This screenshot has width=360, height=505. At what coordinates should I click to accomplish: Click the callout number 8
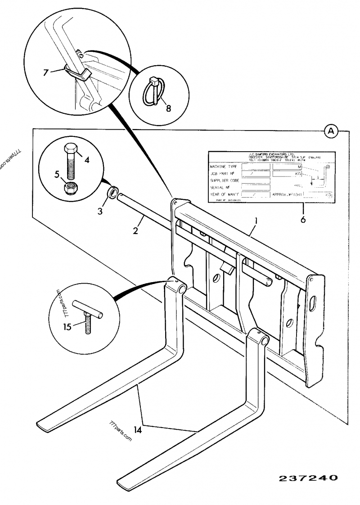pos(168,108)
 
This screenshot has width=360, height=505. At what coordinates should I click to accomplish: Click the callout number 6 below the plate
pos(303,220)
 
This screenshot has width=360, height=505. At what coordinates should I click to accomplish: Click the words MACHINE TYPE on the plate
pos(224,166)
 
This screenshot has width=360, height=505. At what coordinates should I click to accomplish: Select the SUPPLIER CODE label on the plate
pos(225,180)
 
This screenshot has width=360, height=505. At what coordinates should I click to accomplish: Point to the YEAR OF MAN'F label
pos(225,194)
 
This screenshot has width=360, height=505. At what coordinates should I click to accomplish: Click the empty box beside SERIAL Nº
pos(256,187)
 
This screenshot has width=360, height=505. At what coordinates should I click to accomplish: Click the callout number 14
pos(138,430)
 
